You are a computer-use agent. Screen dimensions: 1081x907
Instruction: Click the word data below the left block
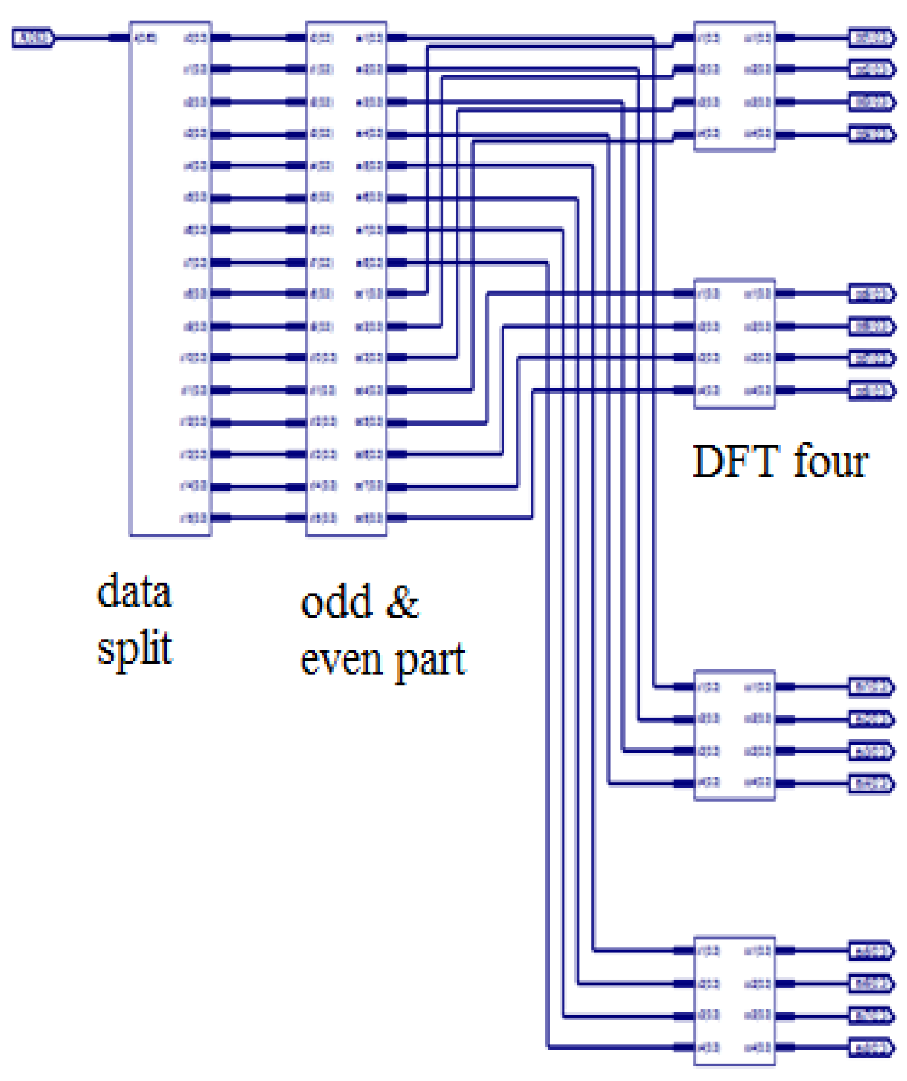click(134, 591)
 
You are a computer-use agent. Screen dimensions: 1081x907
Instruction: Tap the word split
click(135, 648)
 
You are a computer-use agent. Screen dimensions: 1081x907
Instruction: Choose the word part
click(430, 661)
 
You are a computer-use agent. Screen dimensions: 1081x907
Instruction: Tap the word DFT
click(735, 462)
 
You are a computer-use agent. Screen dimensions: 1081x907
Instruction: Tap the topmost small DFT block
click(734, 86)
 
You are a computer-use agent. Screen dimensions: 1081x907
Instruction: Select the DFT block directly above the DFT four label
click(734, 343)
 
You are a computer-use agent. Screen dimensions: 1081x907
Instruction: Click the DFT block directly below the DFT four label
click(734, 735)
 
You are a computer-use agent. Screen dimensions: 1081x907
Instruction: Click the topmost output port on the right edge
click(871, 38)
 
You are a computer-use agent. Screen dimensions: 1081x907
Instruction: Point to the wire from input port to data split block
click(82, 38)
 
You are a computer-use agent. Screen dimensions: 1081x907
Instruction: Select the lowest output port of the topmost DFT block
click(871, 134)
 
